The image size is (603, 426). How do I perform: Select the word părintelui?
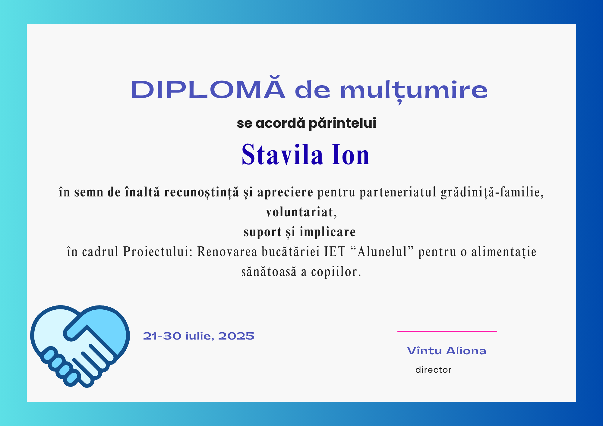[x=343, y=124]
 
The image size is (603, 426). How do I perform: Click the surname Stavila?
[x=283, y=154]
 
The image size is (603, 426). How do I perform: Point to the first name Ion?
[x=351, y=154]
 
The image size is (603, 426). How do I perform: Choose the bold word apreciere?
[x=285, y=193]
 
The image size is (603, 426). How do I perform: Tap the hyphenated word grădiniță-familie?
[x=492, y=192]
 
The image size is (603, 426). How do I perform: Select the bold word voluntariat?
[x=300, y=212]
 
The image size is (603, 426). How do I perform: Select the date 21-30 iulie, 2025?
[x=199, y=336]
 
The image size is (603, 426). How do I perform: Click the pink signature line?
[x=447, y=331]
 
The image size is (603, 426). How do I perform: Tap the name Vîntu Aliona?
[x=447, y=351]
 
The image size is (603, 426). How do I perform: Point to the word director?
[x=433, y=370]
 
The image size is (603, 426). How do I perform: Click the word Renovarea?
[x=227, y=252]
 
